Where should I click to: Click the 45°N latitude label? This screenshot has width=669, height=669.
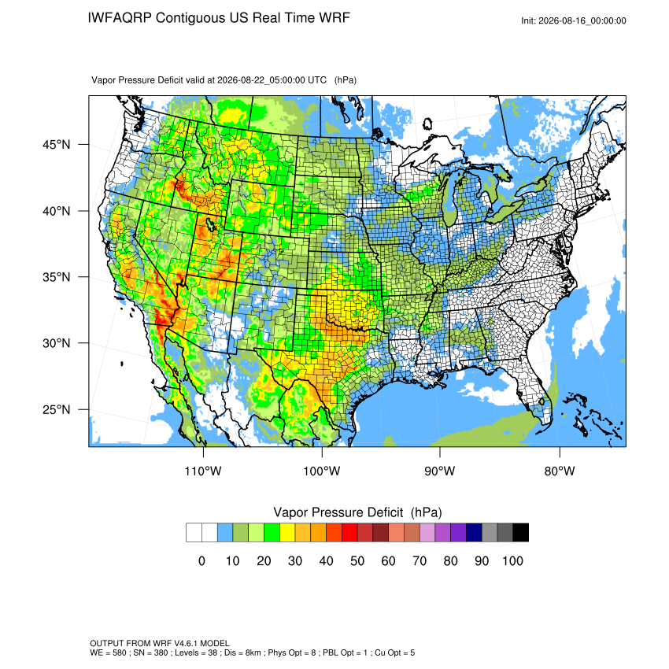57,145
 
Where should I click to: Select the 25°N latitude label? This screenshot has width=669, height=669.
57,409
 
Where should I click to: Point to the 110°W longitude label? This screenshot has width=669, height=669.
203,471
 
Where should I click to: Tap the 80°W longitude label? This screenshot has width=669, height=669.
560,471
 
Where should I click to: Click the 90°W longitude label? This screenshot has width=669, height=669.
439,471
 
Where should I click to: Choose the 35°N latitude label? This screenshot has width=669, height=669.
57,277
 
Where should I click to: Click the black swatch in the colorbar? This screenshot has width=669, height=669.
521,533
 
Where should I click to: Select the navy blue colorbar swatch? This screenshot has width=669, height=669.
474,533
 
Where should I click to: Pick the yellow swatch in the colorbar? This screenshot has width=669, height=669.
287,533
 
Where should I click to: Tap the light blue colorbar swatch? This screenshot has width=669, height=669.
225,533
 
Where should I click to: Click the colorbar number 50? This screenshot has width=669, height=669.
357,561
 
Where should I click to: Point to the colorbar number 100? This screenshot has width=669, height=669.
512,561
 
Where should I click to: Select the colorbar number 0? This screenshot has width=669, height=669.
201,561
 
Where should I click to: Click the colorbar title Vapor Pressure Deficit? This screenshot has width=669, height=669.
338,512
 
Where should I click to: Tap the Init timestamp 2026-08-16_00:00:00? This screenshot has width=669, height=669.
582,21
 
